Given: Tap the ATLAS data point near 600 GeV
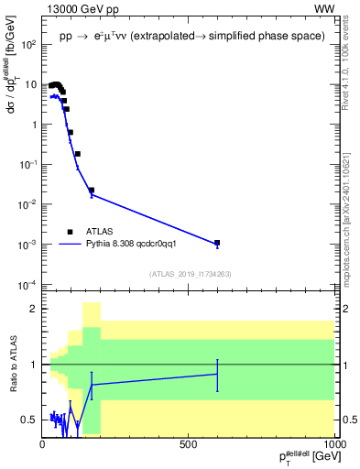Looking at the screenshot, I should (x=217, y=243).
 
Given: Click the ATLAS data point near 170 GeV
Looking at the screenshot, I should (x=92, y=191).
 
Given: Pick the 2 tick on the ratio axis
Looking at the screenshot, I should (x=34, y=309).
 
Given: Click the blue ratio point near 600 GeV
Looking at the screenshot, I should (x=217, y=374).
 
